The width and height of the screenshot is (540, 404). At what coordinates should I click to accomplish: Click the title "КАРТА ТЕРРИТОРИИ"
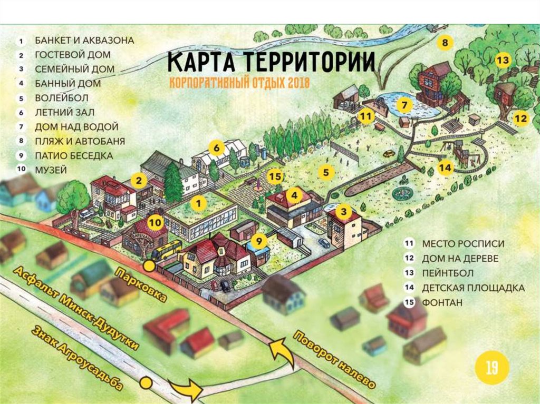[271, 63]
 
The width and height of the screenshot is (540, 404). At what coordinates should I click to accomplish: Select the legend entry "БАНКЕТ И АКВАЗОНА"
[84, 40]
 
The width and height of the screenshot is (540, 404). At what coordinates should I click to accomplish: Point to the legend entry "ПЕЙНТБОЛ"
[448, 273]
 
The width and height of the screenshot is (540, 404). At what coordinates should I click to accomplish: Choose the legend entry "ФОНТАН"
[442, 303]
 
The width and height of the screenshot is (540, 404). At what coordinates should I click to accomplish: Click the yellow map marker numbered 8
[445, 43]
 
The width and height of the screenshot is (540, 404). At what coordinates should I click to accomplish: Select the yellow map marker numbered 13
[503, 60]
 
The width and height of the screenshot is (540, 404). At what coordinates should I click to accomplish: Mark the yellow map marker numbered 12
[521, 119]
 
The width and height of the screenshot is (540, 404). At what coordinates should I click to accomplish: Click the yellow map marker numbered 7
[404, 105]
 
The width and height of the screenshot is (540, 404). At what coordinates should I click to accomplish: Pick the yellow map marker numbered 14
[445, 168]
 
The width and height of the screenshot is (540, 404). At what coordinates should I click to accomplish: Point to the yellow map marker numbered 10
[155, 222]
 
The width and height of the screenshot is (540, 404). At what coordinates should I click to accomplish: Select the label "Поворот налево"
[334, 359]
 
